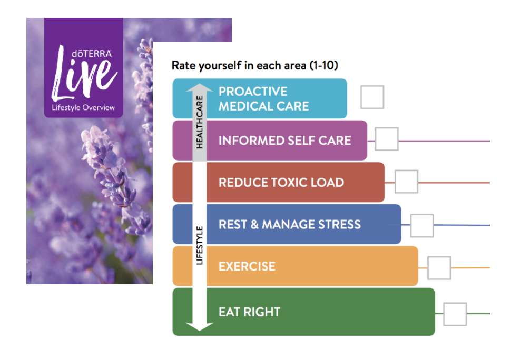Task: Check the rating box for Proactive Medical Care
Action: tap(372, 97)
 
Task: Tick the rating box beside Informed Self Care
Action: tap(387, 139)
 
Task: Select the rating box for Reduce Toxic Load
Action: tap(406, 181)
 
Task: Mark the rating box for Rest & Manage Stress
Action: tap(422, 226)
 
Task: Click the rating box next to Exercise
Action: tap(439, 268)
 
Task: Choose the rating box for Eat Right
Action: tap(455, 314)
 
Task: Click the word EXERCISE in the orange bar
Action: tap(247, 267)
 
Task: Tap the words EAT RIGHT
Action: tap(249, 312)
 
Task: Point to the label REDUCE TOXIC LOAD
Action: tap(281, 183)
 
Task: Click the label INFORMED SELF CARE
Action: tap(285, 141)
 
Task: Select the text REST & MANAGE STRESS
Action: tap(290, 225)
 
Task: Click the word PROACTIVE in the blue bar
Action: tap(253, 92)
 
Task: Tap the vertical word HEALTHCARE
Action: tap(200, 122)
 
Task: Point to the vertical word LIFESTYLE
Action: tap(200, 245)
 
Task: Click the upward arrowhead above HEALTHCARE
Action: tap(200, 88)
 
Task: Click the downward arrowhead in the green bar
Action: tap(200, 326)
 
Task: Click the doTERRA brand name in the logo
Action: tap(92, 54)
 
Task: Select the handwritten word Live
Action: tap(84, 73)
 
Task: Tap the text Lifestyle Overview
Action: tap(83, 108)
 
